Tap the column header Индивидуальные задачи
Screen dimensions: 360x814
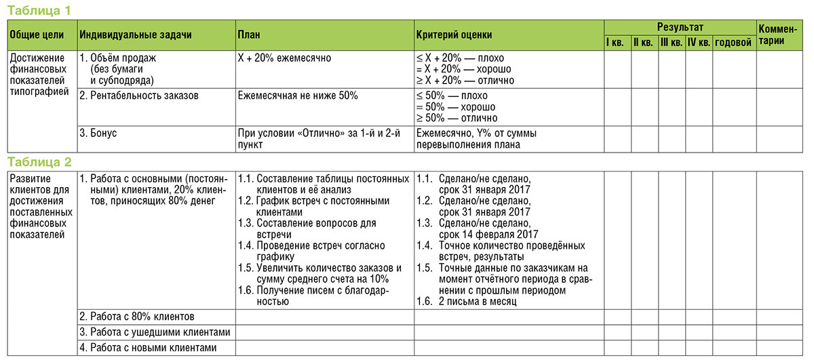pyautogui.click(x=136, y=34)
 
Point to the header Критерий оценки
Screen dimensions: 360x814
pyautogui.click(x=454, y=34)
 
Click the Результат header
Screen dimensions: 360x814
pyautogui.click(x=680, y=27)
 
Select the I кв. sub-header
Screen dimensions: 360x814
pyautogui.click(x=616, y=43)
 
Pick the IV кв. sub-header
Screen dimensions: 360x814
pyautogui.click(x=698, y=43)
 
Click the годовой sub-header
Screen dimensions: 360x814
pyautogui.click(x=733, y=43)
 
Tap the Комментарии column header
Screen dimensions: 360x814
pyautogui.click(x=781, y=35)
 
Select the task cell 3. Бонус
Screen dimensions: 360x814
pyautogui.click(x=98, y=133)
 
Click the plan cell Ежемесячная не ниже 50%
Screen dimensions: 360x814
pyautogui.click(x=298, y=96)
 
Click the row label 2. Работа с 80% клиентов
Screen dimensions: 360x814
pyautogui.click(x=137, y=317)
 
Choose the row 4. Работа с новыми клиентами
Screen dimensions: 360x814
pyautogui.click(x=148, y=347)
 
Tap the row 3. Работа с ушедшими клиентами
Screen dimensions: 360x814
pyautogui.click(x=155, y=332)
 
